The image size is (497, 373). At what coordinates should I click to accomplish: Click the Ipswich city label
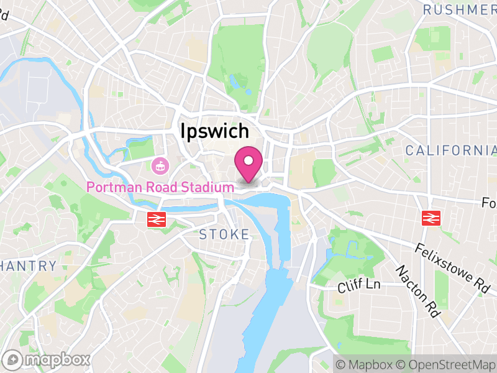click(214, 131)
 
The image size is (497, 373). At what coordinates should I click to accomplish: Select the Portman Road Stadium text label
click(160, 186)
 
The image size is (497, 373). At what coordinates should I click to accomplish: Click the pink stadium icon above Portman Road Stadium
click(160, 166)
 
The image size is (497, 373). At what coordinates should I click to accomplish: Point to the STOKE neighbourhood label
click(224, 234)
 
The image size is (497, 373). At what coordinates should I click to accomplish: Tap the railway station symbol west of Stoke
click(155, 219)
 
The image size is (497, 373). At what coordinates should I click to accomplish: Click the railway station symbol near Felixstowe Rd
click(429, 218)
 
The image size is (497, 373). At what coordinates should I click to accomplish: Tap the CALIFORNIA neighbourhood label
click(450, 150)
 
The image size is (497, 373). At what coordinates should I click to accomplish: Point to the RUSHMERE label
click(460, 9)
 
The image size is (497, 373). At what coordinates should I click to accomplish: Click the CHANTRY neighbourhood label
click(28, 266)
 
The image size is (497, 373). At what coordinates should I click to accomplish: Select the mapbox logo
click(47, 359)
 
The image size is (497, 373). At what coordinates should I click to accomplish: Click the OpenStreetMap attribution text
click(445, 364)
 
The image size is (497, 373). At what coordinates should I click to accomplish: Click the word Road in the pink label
click(162, 186)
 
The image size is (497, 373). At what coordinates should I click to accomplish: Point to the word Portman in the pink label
click(114, 186)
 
